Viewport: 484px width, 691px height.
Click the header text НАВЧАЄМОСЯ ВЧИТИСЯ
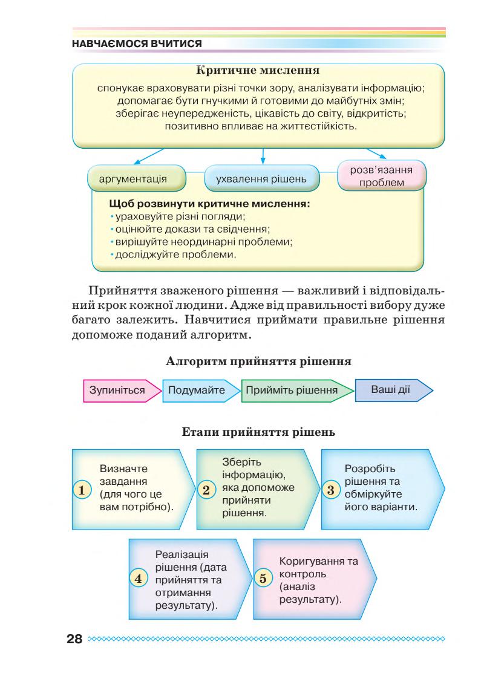137,44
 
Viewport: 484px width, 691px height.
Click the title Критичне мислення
259,74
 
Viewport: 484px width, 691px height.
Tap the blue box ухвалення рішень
263,180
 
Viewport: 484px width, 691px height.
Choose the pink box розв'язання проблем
381,176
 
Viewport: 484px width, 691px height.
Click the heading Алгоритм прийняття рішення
259,363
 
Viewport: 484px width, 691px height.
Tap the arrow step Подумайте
197,390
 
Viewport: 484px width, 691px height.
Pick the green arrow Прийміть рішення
292,390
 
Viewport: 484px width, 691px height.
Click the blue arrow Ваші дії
391,389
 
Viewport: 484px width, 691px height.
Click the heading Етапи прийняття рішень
259,432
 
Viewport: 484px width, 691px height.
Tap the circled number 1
80,489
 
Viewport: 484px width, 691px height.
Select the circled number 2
206,489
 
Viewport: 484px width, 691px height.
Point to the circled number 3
330,489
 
